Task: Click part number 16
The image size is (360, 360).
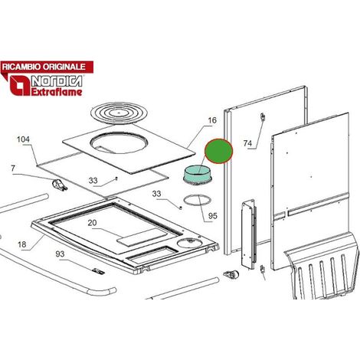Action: click(x=212, y=120)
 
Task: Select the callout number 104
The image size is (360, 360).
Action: click(x=23, y=139)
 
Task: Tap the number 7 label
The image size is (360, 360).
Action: click(x=13, y=169)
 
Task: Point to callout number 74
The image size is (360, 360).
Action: click(x=247, y=143)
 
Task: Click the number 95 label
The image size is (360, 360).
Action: click(x=213, y=216)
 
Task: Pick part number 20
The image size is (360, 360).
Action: click(x=92, y=223)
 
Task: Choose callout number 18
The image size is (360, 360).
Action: click(x=22, y=244)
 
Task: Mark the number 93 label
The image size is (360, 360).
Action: click(x=60, y=254)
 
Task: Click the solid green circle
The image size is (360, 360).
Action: click(x=219, y=151)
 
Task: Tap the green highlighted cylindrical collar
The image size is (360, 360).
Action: click(x=198, y=175)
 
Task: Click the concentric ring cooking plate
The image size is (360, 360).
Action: click(x=119, y=111)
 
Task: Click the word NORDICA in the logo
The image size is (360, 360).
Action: click(x=57, y=81)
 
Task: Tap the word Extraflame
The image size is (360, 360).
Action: click(x=57, y=92)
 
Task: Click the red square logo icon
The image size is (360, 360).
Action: click(x=20, y=86)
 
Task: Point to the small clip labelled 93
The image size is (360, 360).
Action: click(x=99, y=271)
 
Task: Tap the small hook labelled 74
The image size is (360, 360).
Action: click(x=262, y=118)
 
